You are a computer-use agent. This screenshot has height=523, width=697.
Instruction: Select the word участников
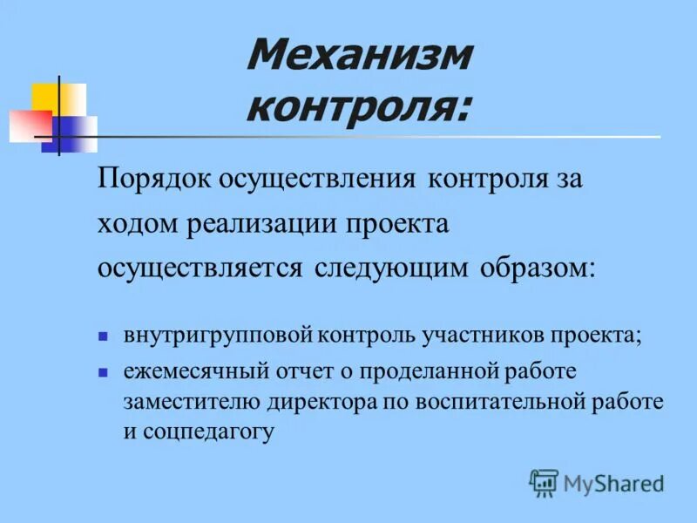coord(480,336)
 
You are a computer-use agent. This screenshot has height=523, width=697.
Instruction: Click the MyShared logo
coord(598,482)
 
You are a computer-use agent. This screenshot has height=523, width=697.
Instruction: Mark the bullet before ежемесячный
coord(103,371)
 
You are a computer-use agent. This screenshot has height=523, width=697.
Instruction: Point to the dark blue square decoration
coord(65,131)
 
